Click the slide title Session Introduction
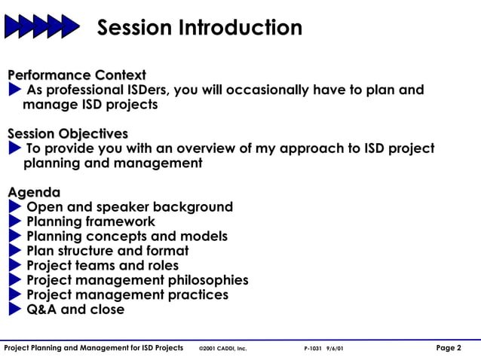point(200,28)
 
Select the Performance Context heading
point(77,75)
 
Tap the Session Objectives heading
point(68,133)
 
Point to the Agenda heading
point(34,192)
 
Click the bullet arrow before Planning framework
point(15,221)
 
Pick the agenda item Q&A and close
point(75,310)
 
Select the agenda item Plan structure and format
point(107,251)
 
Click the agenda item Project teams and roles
point(103,265)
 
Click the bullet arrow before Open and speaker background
point(15,207)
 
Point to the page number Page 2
point(449,348)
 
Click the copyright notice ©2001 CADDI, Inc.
point(222,349)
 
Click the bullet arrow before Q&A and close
point(15,310)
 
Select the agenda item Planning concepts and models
point(127,236)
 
